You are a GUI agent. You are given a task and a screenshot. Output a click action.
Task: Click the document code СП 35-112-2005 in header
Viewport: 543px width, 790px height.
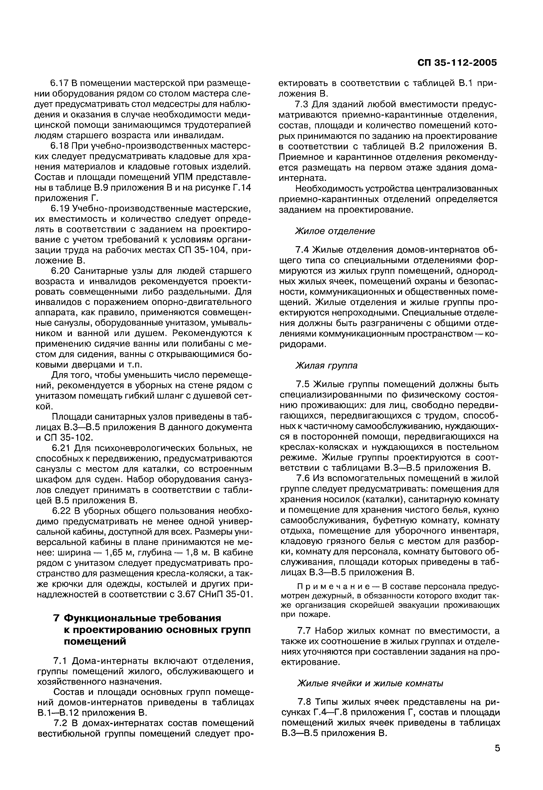(457, 63)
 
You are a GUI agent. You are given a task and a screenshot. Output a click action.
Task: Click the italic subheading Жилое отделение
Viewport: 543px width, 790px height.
(335, 231)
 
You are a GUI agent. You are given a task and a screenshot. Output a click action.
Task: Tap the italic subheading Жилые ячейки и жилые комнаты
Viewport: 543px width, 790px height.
(371, 683)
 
